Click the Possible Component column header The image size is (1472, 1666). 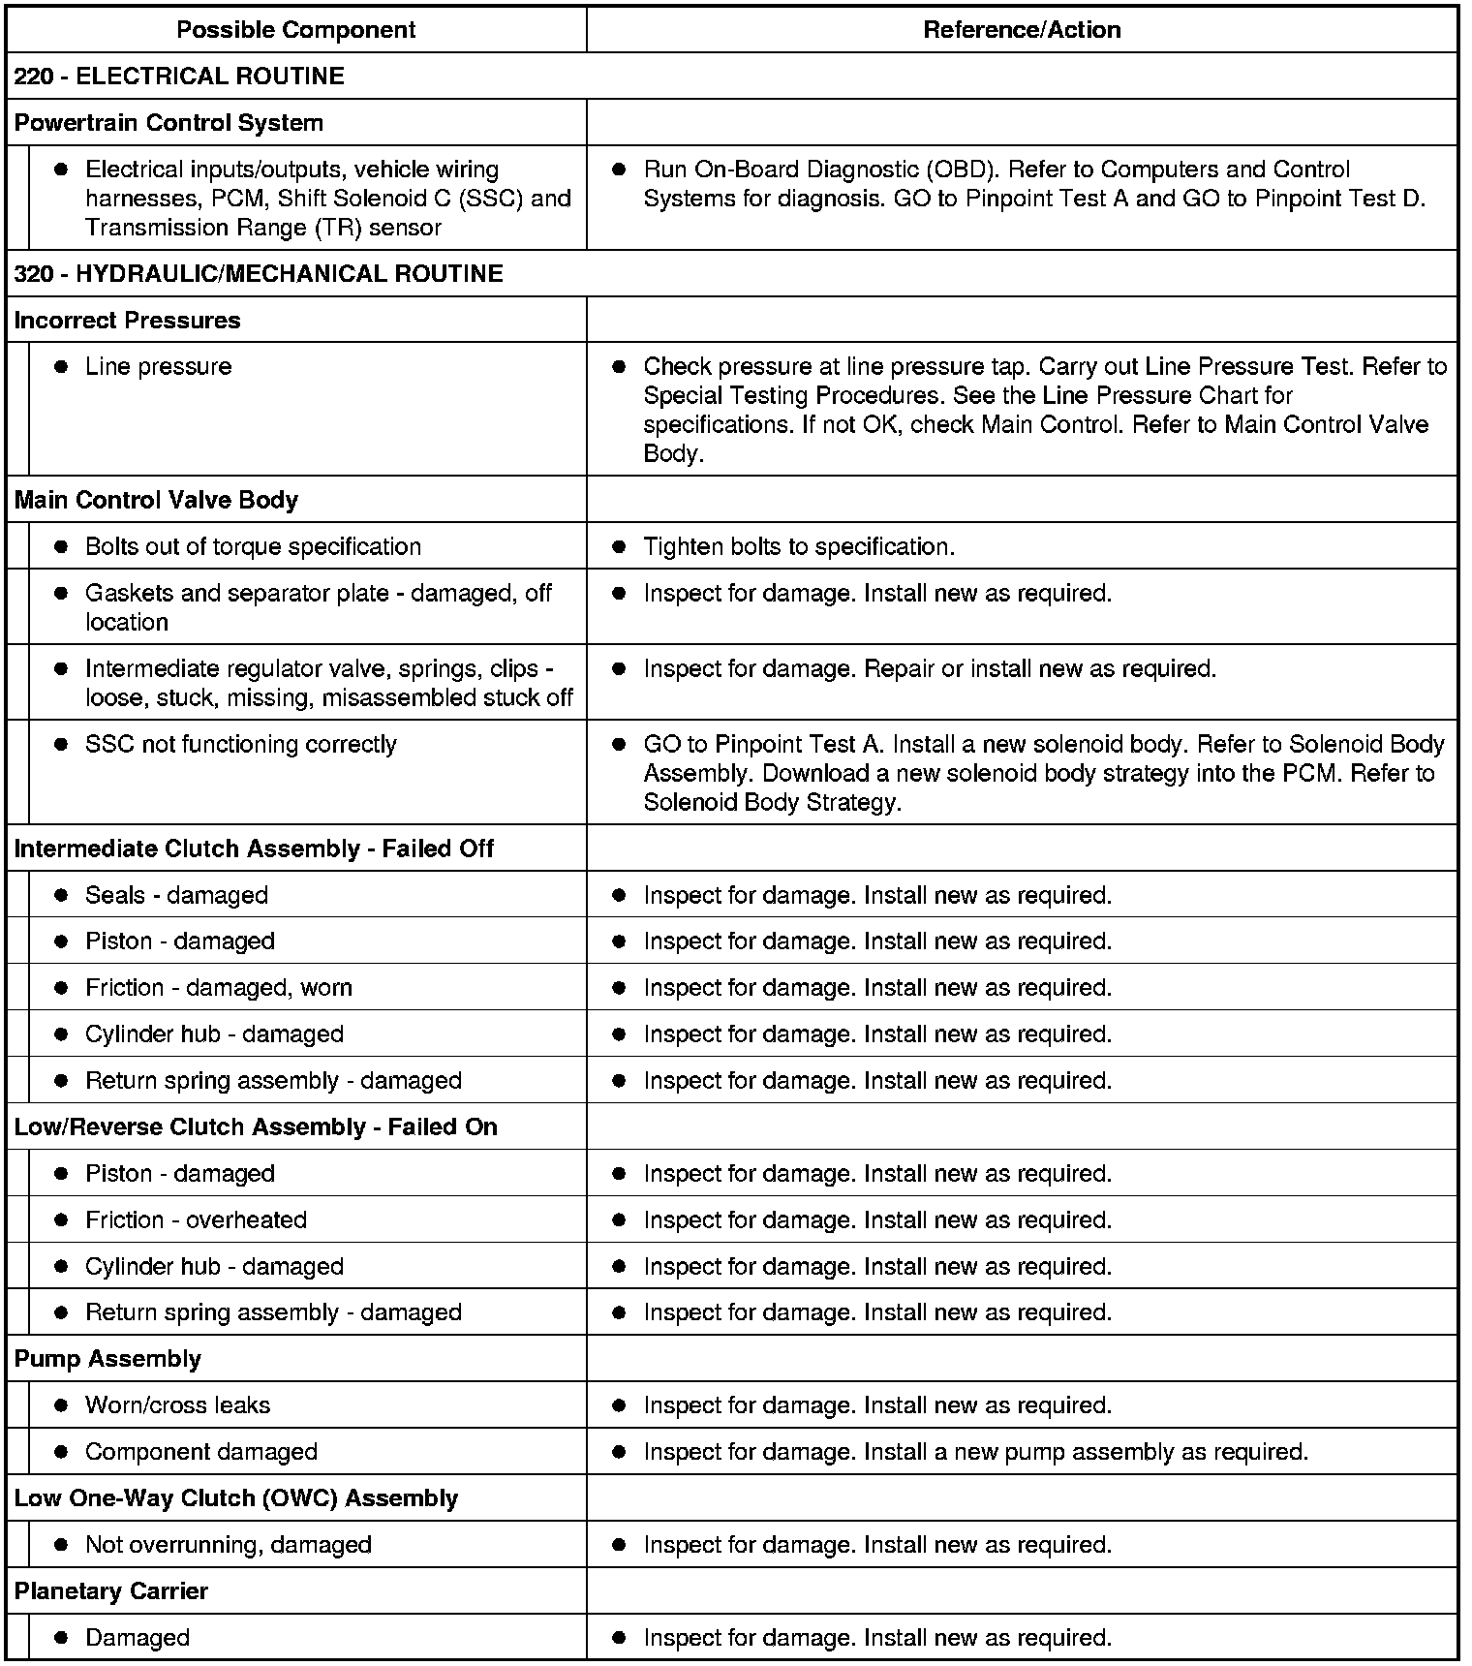[x=295, y=29]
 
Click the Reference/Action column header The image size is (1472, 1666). [x=1022, y=29]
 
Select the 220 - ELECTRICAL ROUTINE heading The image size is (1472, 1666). [x=179, y=77]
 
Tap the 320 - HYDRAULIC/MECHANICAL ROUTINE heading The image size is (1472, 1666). [x=259, y=274]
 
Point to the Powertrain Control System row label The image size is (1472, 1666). [x=169, y=123]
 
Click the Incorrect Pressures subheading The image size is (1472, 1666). [x=127, y=321]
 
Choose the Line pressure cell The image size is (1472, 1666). [x=159, y=367]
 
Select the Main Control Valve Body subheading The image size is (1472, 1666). [x=156, y=500]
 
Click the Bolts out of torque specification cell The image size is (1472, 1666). [x=253, y=546]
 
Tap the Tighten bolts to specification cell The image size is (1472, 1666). [x=799, y=546]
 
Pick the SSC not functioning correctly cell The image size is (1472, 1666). [x=241, y=745]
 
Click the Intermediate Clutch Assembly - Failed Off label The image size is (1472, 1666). [x=254, y=848]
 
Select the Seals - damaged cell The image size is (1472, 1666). [x=176, y=895]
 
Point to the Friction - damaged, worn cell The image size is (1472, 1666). [x=218, y=988]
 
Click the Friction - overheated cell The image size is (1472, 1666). [x=196, y=1220]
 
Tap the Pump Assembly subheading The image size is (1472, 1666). [x=107, y=1359]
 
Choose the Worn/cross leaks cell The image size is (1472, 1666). [x=177, y=1405]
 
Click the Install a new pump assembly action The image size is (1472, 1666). [x=975, y=1452]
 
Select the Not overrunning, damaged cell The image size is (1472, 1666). [x=228, y=1545]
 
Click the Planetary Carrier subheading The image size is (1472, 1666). [x=111, y=1591]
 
